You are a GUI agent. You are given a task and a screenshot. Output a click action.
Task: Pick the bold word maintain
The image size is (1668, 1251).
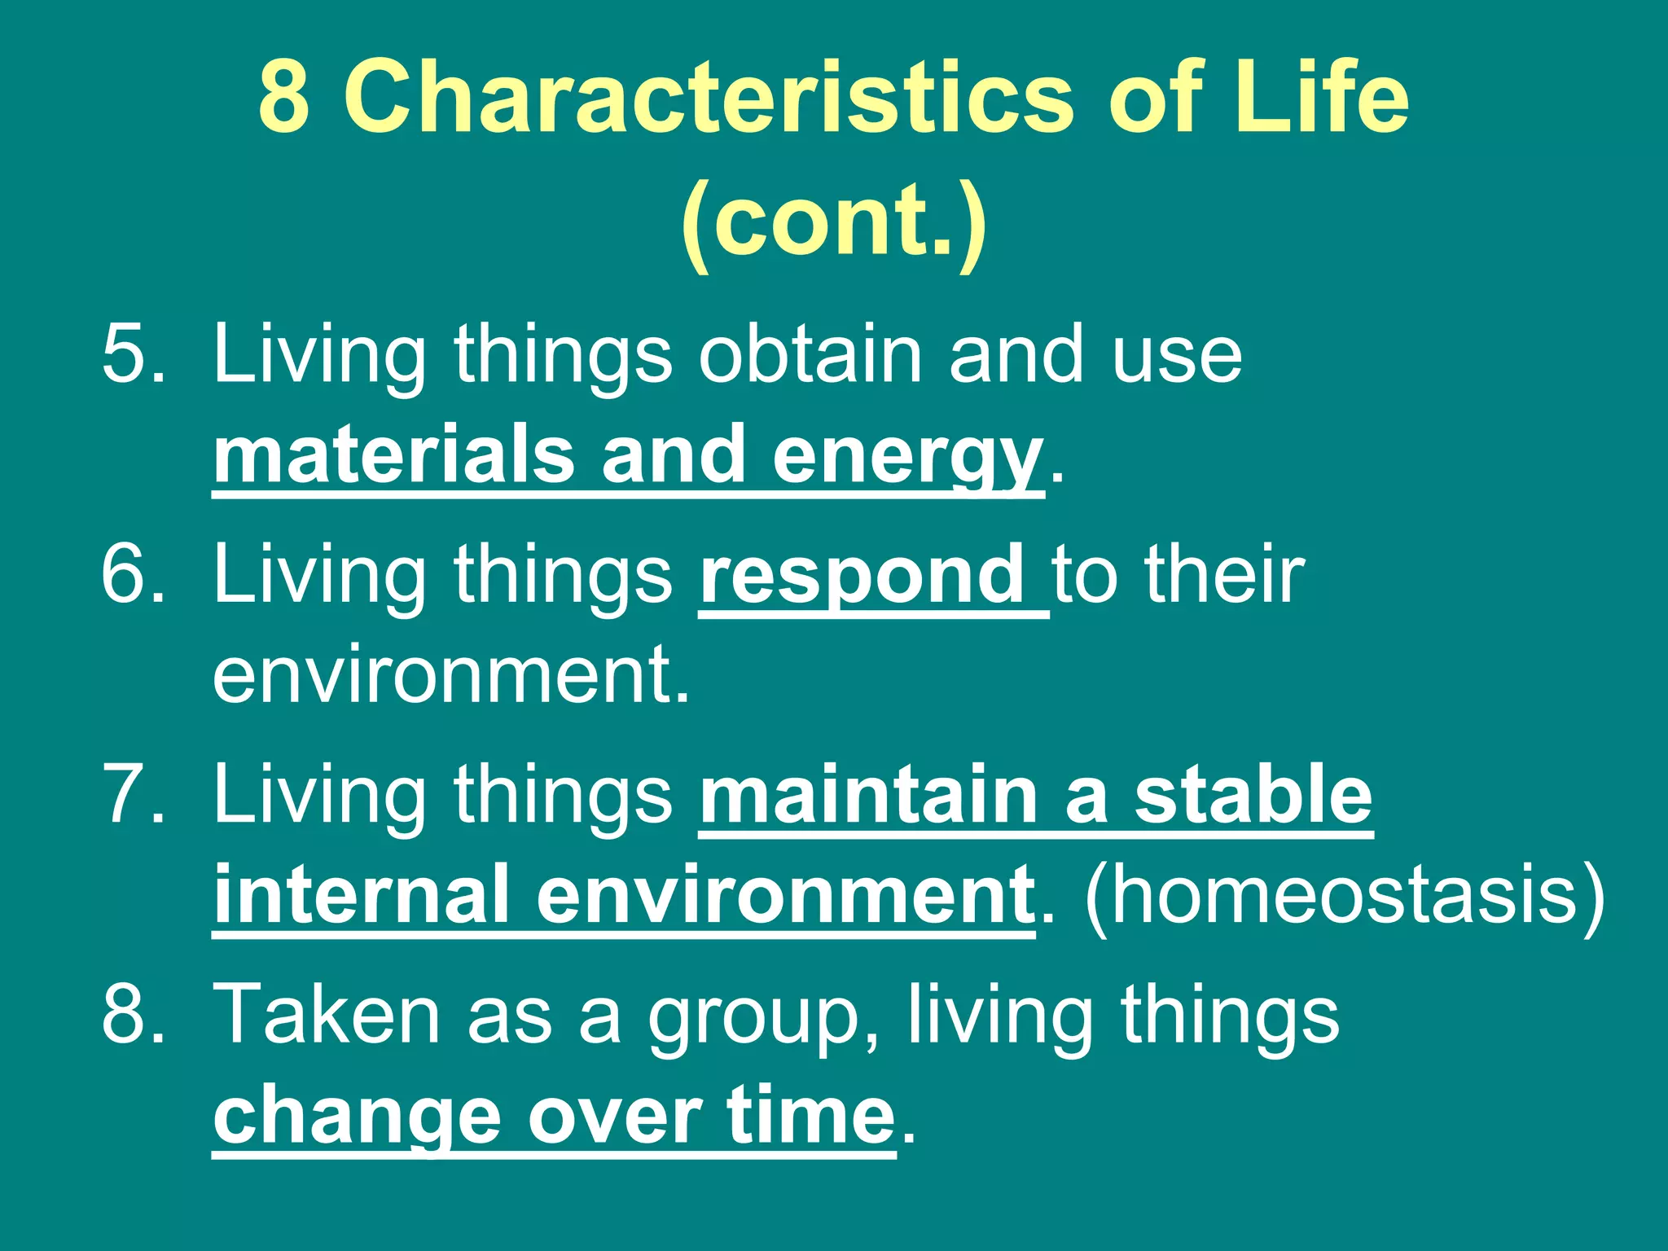click(868, 794)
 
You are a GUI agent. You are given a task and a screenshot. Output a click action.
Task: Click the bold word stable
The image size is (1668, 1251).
click(1253, 794)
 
